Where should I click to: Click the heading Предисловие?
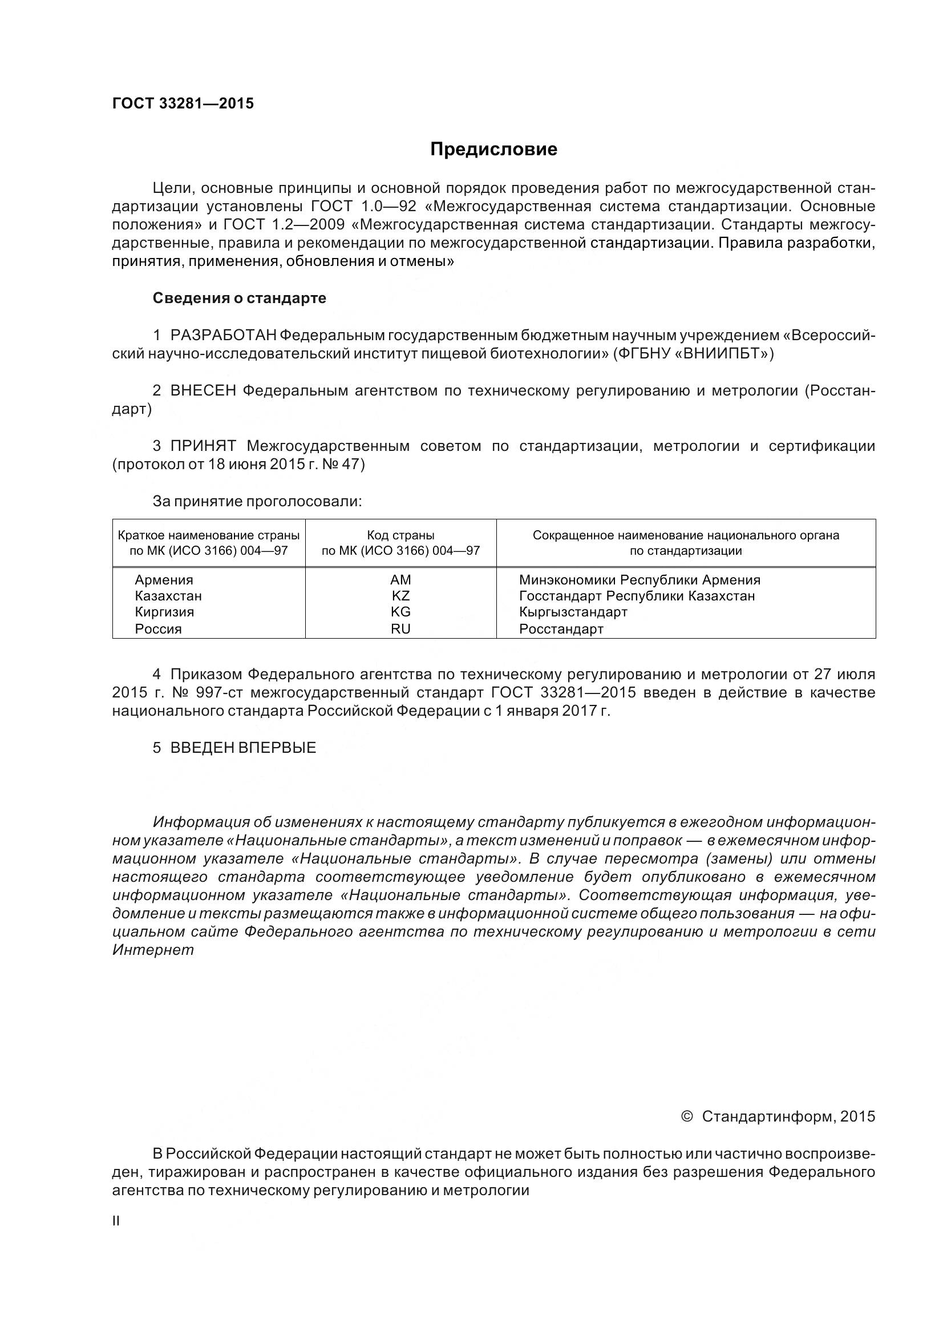pyautogui.click(x=493, y=150)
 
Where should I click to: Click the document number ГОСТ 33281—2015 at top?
pyautogui.click(x=183, y=103)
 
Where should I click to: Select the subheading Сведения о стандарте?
pyautogui.click(x=240, y=299)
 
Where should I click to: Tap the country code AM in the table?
pyautogui.click(x=400, y=580)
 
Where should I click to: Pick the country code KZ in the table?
pyautogui.click(x=400, y=596)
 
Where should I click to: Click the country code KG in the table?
pyautogui.click(x=400, y=612)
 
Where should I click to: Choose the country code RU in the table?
pyautogui.click(x=400, y=628)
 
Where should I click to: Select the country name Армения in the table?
pyautogui.click(x=164, y=580)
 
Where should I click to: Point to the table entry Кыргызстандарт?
pyautogui.click(x=573, y=612)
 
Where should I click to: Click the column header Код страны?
pyautogui.click(x=400, y=535)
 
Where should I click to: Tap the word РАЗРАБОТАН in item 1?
pyautogui.click(x=224, y=336)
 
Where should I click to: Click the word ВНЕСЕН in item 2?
pyautogui.click(x=203, y=391)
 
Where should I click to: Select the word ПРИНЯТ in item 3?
pyautogui.click(x=203, y=446)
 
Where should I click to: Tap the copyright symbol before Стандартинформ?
pyautogui.click(x=686, y=1116)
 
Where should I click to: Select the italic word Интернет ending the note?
pyautogui.click(x=153, y=950)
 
